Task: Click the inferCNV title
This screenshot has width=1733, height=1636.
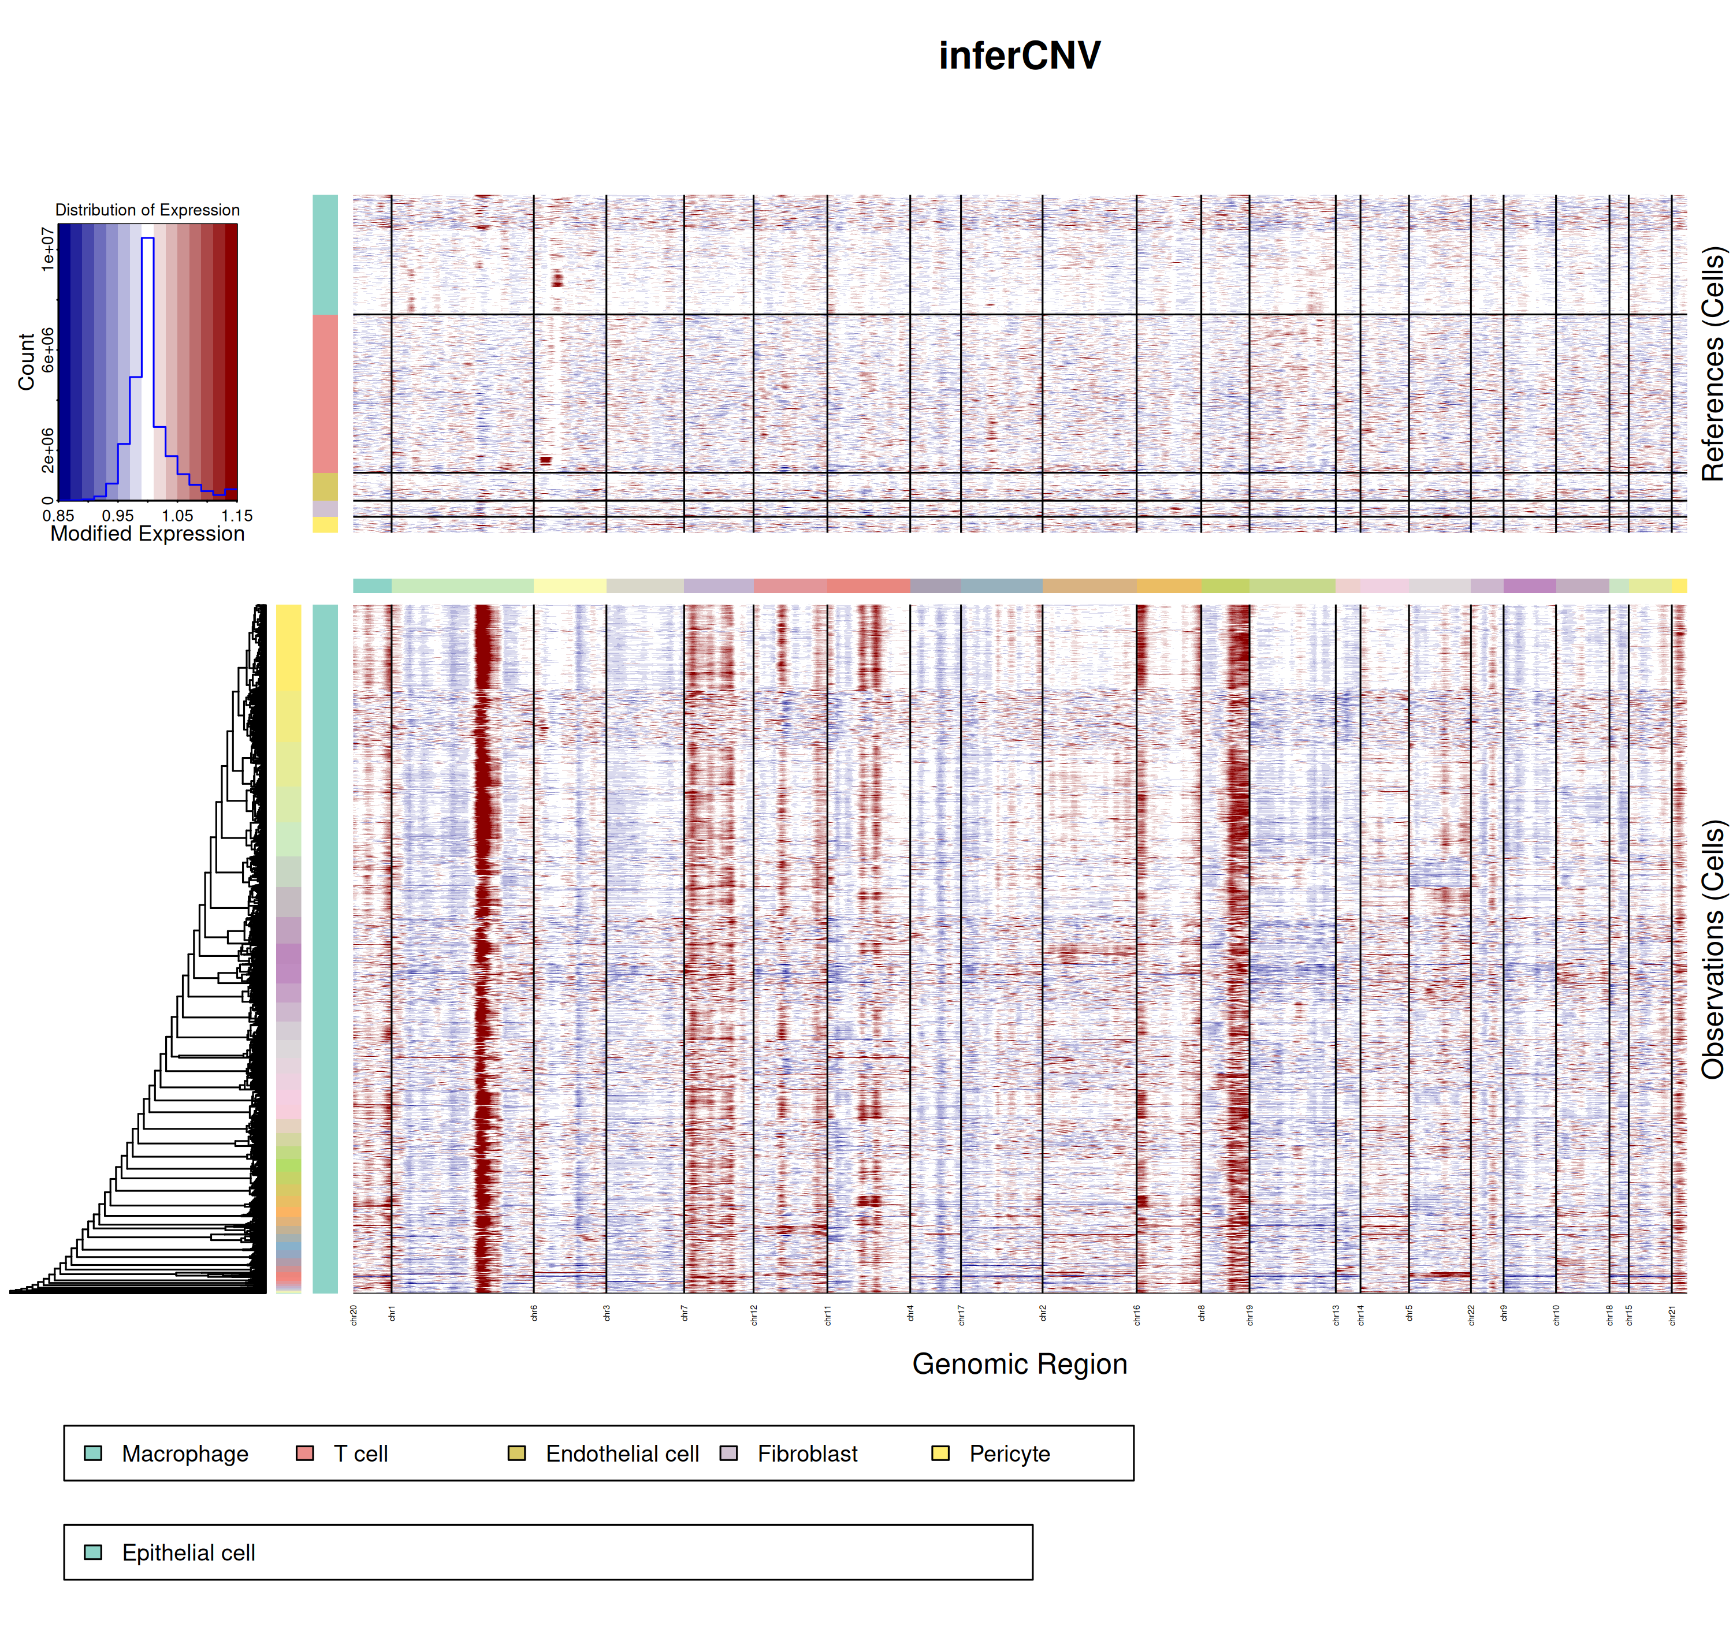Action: pyautogui.click(x=1018, y=56)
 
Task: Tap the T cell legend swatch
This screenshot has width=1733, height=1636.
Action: pyautogui.click(x=304, y=1453)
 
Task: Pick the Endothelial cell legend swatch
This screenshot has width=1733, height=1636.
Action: pyautogui.click(x=516, y=1453)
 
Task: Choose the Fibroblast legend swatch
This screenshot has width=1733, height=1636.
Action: pyautogui.click(x=728, y=1453)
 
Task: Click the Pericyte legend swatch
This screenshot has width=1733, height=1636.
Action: pyautogui.click(x=940, y=1453)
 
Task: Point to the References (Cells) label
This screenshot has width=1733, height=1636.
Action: pyautogui.click(x=1713, y=364)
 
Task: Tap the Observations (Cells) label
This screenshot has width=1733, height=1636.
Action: pyautogui.click(x=1713, y=949)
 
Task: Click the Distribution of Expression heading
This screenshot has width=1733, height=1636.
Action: pyautogui.click(x=147, y=210)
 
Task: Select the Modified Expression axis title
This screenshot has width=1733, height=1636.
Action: pyautogui.click(x=147, y=534)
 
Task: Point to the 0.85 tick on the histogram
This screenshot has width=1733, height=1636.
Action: pyautogui.click(x=58, y=515)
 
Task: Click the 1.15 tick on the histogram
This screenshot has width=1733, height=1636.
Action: pyautogui.click(x=236, y=515)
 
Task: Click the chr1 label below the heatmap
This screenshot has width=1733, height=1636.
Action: pyautogui.click(x=392, y=1314)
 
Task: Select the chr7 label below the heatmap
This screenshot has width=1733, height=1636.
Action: pyautogui.click(x=685, y=1314)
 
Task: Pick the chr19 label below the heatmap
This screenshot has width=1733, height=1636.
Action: pyautogui.click(x=1250, y=1315)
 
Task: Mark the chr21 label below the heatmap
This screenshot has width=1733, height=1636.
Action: pyautogui.click(x=1672, y=1315)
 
